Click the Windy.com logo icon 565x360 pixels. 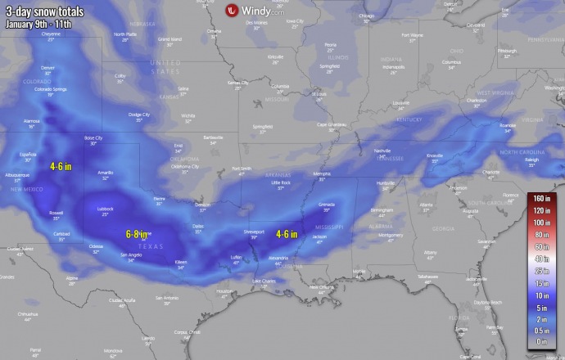pos(232,10)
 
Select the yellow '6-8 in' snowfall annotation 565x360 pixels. pos(138,233)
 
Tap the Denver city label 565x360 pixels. pos(47,68)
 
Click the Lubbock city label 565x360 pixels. pos(105,209)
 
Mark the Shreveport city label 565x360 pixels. pos(254,232)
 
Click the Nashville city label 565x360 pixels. pos(382,151)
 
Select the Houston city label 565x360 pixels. pos(224,290)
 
